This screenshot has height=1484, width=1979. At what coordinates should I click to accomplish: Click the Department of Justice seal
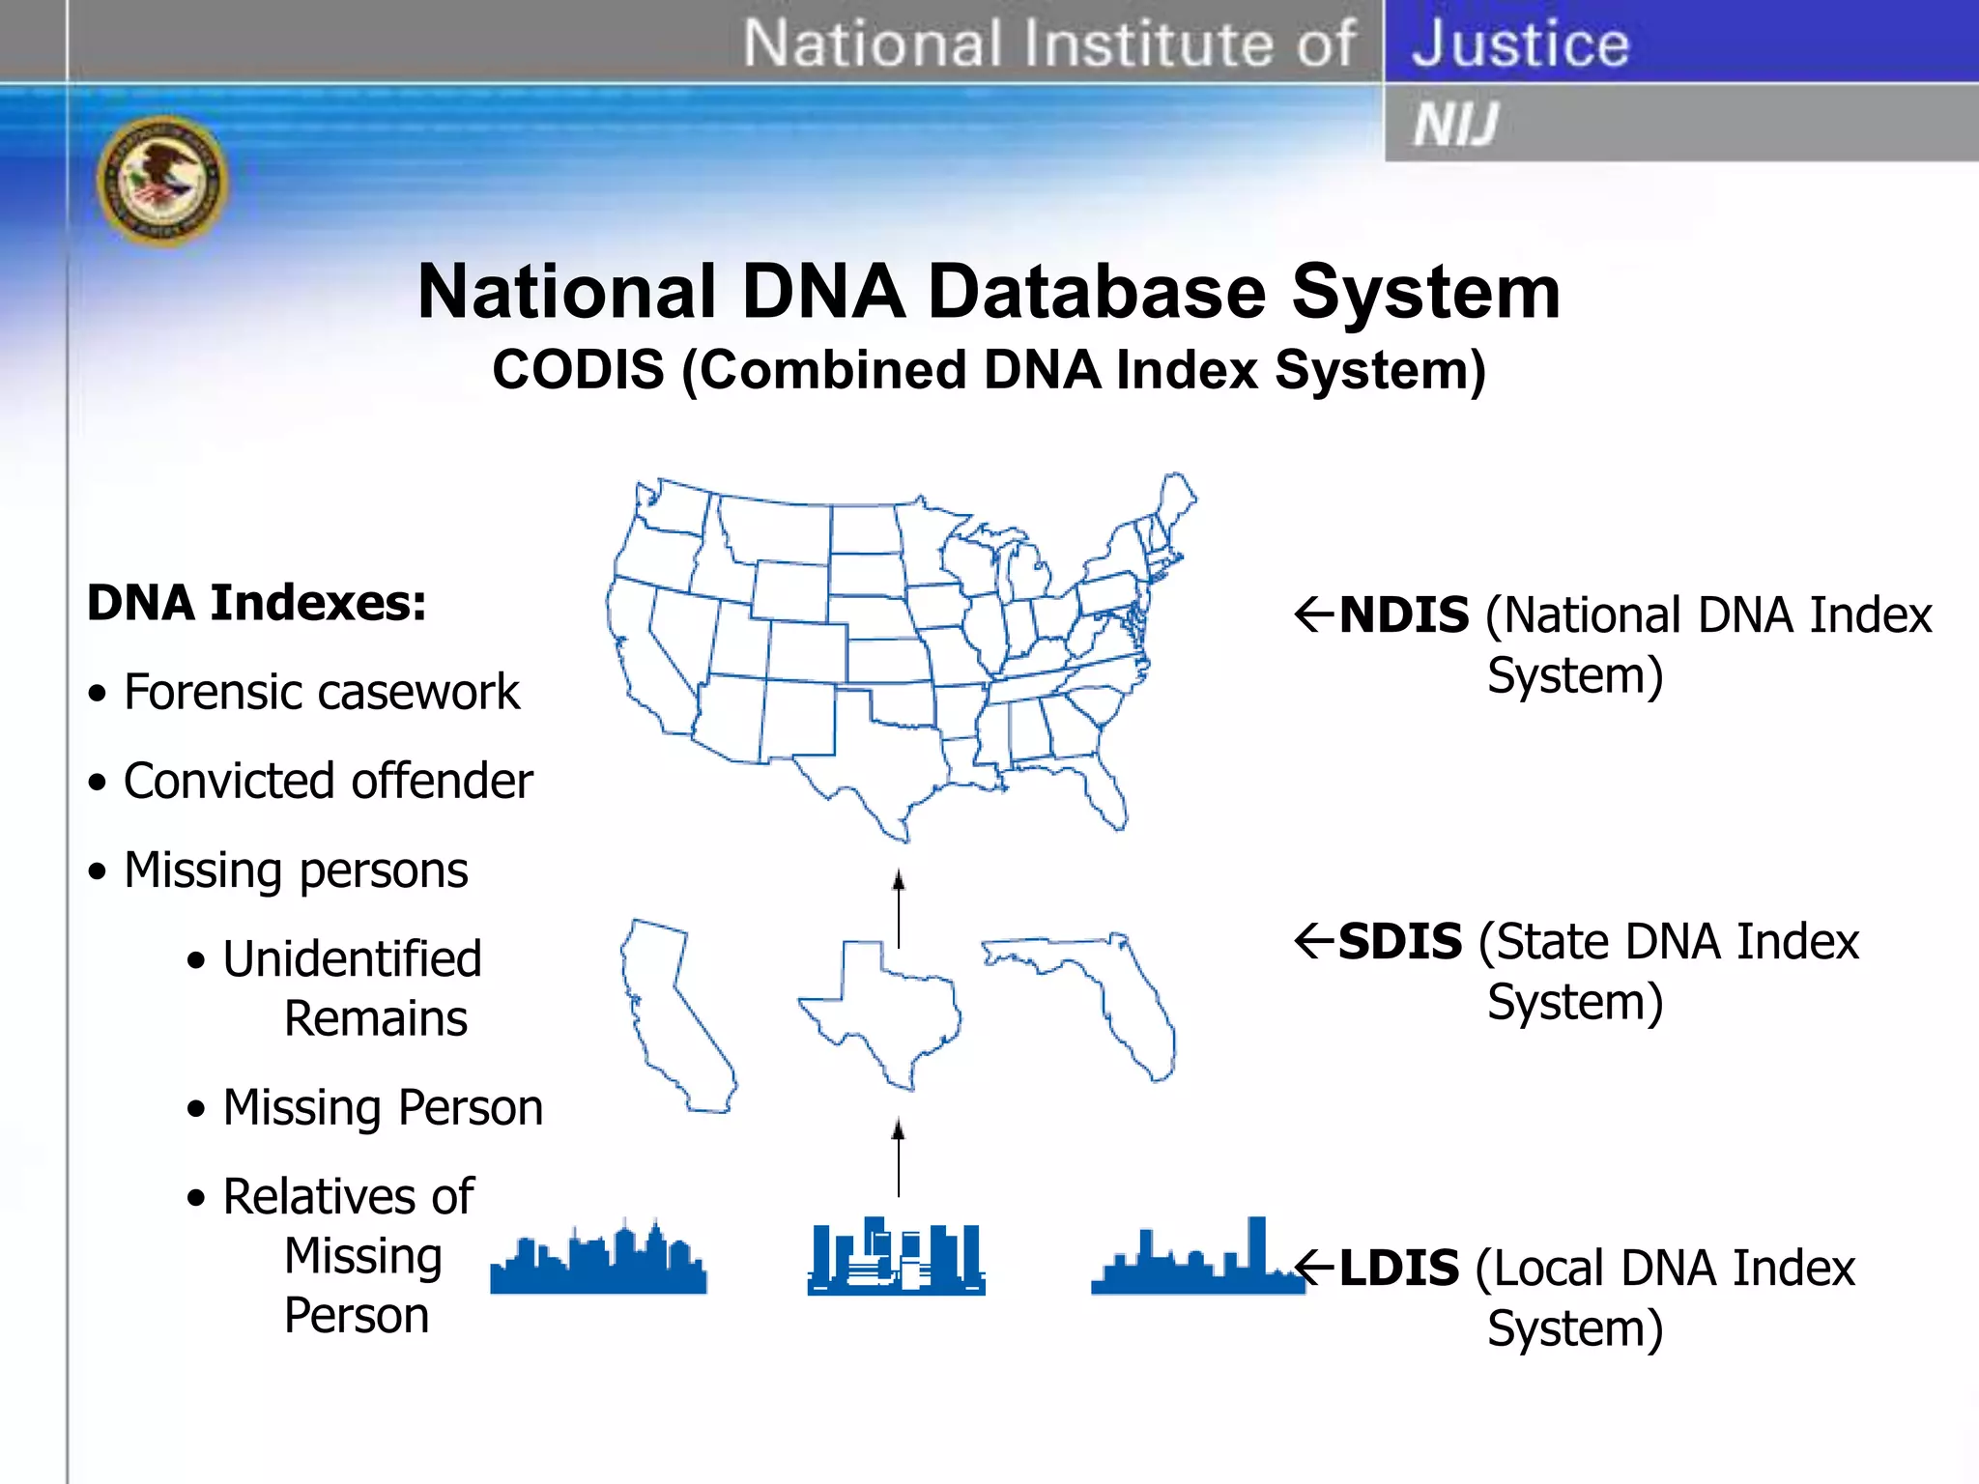162,181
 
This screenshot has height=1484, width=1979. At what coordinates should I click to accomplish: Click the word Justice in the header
1520,43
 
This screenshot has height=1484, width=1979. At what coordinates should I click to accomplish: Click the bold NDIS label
1404,615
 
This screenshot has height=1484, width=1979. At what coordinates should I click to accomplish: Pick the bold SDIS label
1400,942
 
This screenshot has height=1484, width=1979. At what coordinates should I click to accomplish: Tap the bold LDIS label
1398,1269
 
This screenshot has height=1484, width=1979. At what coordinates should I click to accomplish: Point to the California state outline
673,1014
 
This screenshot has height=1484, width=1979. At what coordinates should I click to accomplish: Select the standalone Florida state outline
1102,995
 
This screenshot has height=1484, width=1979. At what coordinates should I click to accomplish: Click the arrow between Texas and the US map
899,908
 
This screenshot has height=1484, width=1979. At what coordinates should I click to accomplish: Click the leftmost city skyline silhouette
598,1260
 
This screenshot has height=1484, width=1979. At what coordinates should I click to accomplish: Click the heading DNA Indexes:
256,603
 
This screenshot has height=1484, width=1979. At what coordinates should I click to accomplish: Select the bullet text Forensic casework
321,692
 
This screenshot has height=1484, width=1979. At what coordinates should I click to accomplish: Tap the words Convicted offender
328,781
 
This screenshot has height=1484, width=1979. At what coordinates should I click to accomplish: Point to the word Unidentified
352,959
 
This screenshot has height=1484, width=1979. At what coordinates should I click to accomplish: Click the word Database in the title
1096,292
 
